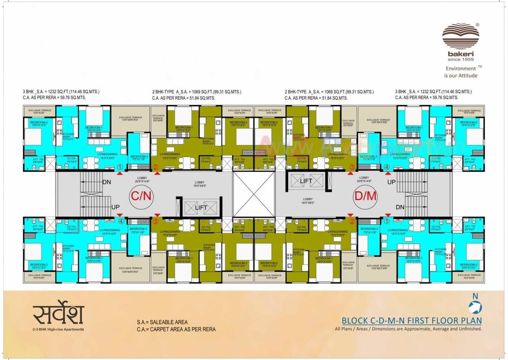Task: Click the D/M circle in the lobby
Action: coord(365,196)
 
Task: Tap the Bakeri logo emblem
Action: coord(461,36)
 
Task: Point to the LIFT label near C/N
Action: coord(201,208)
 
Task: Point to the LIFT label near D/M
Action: coord(306,181)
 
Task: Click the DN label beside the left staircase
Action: coord(107,182)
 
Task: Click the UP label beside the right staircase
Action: coord(391,182)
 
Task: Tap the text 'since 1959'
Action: coord(461,60)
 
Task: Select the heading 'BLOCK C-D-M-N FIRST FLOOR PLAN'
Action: coord(412,321)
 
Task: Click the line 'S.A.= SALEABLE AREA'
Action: coord(162,322)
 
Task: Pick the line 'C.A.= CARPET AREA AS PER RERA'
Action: coord(176,329)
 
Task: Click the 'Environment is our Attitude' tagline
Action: coord(461,72)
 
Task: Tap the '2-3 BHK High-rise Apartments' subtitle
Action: coord(58,329)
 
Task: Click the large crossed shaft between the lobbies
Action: coord(253,194)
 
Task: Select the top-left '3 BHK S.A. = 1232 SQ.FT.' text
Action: coord(61,92)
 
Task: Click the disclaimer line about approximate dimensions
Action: coord(408,329)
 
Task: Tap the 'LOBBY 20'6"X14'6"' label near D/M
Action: coord(364,179)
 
